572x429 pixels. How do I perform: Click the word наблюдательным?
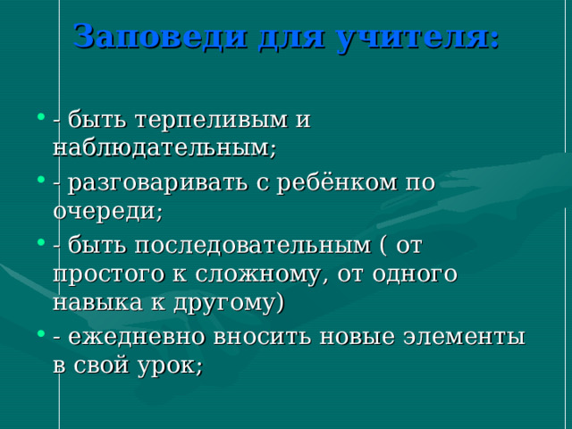pyautogui.click(x=164, y=147)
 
